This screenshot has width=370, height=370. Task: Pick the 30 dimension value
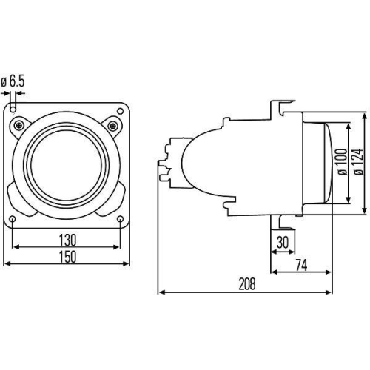click(283, 242)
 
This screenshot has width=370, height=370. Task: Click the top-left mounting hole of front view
click(16, 109)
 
